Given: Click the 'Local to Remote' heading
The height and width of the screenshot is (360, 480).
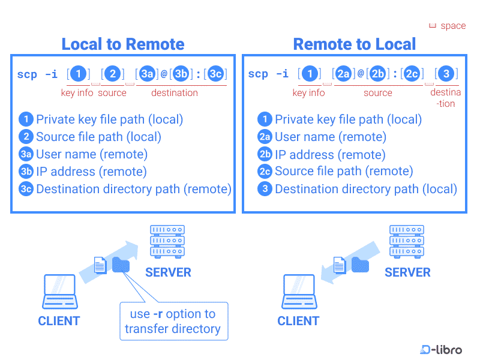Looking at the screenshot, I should tap(123, 44).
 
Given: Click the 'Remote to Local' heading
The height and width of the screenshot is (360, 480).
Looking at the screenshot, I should tap(354, 44).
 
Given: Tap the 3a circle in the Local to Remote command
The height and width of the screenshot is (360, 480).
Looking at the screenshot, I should tap(147, 74).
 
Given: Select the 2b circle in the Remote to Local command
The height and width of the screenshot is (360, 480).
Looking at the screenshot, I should tap(377, 74).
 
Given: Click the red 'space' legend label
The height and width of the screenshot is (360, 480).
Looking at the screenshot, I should tap(453, 26).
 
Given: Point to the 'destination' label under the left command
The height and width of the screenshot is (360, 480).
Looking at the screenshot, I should tap(174, 93).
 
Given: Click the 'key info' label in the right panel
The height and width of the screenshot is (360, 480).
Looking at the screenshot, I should tap(308, 93).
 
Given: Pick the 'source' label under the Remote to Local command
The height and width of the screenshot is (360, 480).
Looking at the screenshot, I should tap(377, 93).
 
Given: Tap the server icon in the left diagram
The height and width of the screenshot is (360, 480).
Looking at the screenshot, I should tap(167, 241).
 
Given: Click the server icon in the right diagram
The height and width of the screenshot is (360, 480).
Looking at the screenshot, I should tap(407, 241).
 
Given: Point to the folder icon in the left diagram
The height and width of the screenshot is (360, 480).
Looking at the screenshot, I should tap(121, 265).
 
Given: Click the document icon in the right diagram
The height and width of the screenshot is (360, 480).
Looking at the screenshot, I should tap(340, 265).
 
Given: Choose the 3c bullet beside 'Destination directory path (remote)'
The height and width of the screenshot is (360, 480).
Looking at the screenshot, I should tap(26, 189).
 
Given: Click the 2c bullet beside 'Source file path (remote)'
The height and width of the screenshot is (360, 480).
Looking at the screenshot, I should tap(265, 172).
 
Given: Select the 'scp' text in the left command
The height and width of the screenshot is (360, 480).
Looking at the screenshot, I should tap(28, 74).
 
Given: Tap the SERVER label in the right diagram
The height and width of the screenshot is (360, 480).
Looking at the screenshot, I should tap(407, 272).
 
